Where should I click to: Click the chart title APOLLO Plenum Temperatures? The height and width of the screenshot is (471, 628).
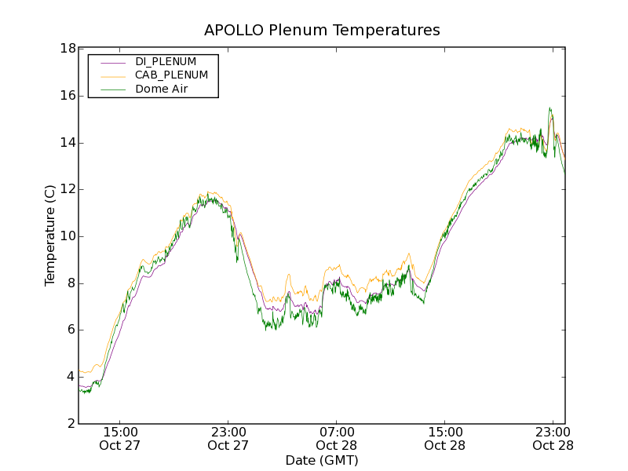pyautogui.click(x=322, y=31)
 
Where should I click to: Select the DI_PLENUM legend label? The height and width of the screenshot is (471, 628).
pyautogui.click(x=166, y=61)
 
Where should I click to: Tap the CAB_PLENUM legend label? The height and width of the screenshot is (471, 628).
pyautogui.click(x=171, y=75)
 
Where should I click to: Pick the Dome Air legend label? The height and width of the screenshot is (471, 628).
pyautogui.click(x=161, y=89)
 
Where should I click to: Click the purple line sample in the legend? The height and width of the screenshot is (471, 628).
pyautogui.click(x=113, y=62)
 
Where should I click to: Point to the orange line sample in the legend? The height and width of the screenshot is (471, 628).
pyautogui.click(x=113, y=76)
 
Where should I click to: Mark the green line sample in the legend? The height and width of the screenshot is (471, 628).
pyautogui.click(x=113, y=90)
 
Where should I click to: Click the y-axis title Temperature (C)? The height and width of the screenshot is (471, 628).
pyautogui.click(x=50, y=235)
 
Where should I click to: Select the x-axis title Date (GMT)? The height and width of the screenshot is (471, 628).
pyautogui.click(x=322, y=460)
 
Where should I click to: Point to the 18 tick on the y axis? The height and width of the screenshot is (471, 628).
pyautogui.click(x=68, y=49)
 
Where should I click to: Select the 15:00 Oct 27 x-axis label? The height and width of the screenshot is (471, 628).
pyautogui.click(x=120, y=438)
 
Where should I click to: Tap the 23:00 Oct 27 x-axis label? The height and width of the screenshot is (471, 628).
pyautogui.click(x=228, y=438)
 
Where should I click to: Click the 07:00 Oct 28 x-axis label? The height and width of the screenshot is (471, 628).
pyautogui.click(x=337, y=438)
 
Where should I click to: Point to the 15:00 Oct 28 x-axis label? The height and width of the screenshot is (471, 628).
pyautogui.click(x=444, y=438)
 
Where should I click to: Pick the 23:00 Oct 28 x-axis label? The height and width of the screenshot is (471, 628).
pyautogui.click(x=553, y=438)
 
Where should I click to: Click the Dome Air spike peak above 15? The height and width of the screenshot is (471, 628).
pyautogui.click(x=549, y=108)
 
